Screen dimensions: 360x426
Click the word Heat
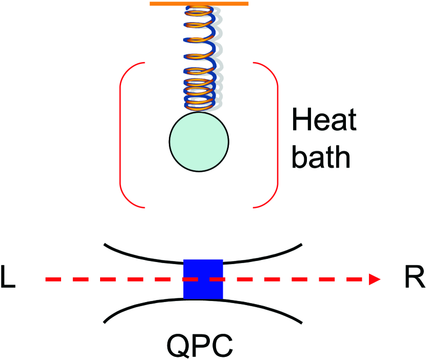coord(324,123)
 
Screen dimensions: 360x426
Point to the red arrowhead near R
coord(375,279)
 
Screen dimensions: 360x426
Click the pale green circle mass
coord(199,141)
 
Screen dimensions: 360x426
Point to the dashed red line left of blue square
coord(113,279)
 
